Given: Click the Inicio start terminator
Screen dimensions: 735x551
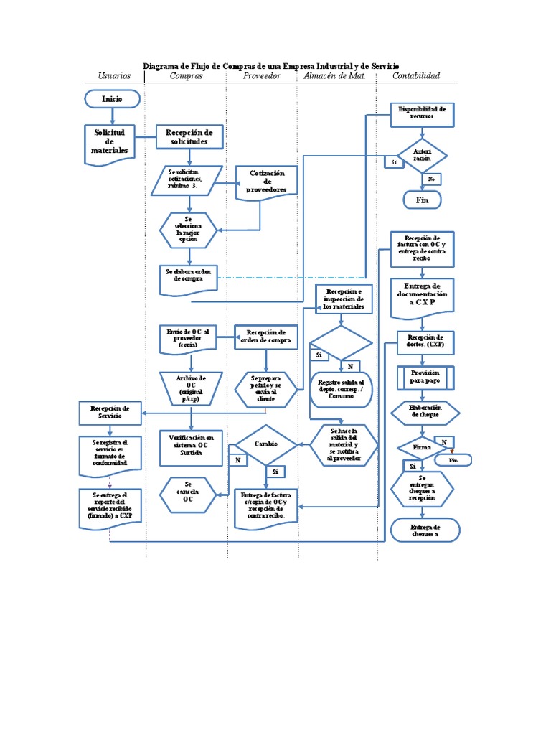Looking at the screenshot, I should tap(112, 98).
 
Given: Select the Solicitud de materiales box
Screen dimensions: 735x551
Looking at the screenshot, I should tap(109, 141).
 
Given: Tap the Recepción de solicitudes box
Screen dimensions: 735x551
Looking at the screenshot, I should tap(189, 137).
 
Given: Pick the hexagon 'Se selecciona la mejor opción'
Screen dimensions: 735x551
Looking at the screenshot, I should tap(189, 229).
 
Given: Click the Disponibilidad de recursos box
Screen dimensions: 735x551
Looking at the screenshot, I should tap(422, 113).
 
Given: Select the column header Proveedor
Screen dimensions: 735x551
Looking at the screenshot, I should tap(261, 75).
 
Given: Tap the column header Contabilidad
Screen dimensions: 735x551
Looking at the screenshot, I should tap(416, 75).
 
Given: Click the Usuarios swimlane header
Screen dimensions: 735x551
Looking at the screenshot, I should tap(114, 75).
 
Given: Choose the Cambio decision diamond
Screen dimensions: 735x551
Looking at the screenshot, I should tap(266, 444).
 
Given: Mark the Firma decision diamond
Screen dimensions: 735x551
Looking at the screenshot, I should tap(422, 448).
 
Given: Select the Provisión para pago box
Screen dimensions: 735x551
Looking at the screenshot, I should tap(424, 377).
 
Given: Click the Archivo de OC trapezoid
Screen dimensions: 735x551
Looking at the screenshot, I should tap(190, 387).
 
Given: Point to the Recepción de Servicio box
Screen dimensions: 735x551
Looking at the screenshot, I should tap(110, 413).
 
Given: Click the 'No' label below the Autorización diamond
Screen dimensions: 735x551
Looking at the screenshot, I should tap(431, 178).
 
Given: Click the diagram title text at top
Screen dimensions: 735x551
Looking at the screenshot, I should tap(271, 65).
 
